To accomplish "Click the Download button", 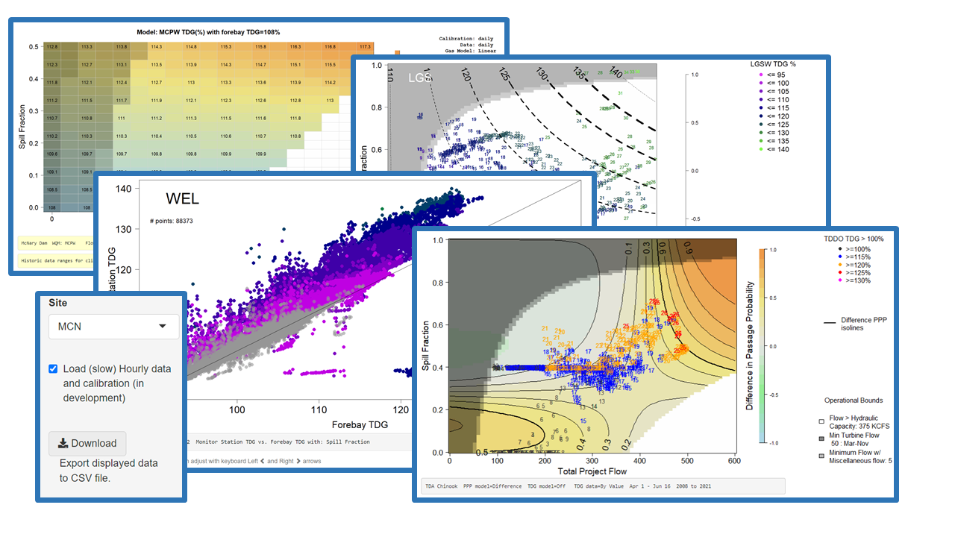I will point(87,443).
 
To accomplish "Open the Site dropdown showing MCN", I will point(113,326).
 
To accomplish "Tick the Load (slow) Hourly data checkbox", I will point(53,368).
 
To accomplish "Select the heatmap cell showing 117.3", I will point(364,46).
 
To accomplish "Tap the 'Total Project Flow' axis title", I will point(593,472).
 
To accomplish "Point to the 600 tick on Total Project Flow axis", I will point(735,461).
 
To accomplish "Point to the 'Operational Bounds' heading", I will point(854,401).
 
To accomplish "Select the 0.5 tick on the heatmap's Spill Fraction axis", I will point(34,46).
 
